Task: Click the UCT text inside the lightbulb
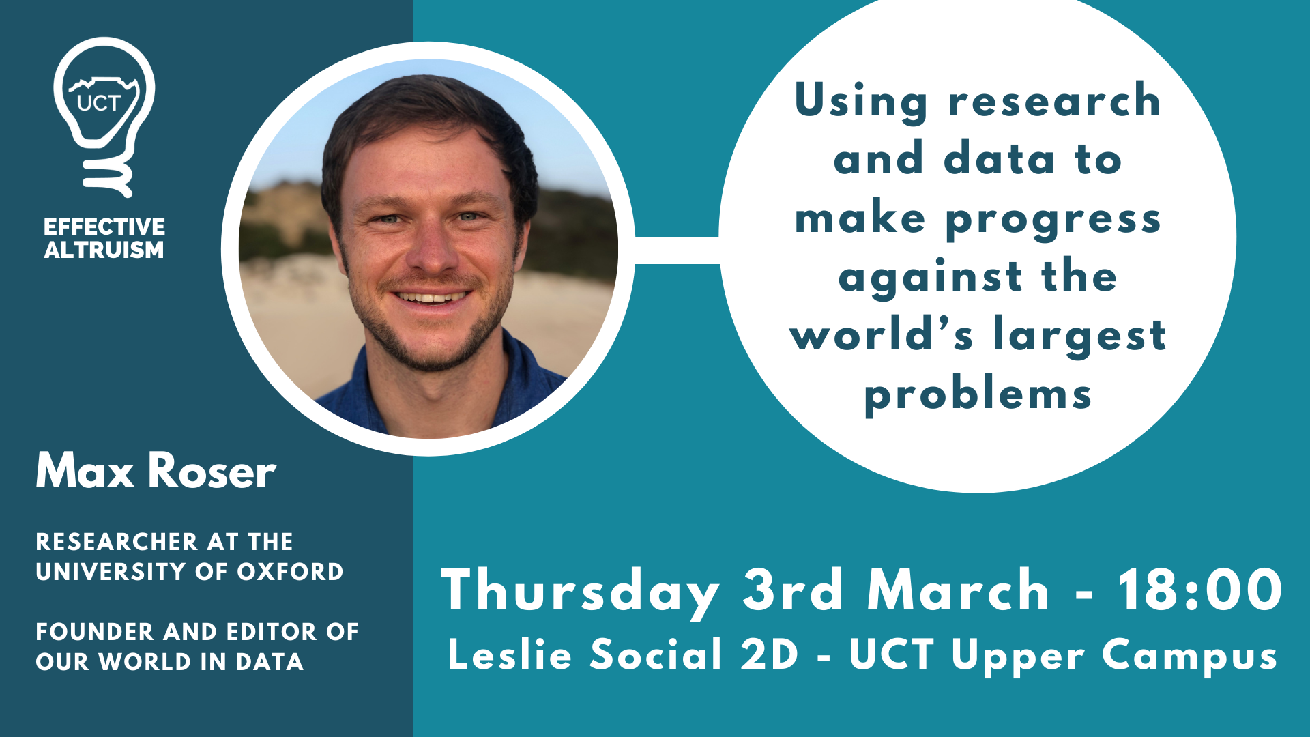coord(99,103)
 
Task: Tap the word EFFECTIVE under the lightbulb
coord(104,227)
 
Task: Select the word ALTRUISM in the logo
coord(104,250)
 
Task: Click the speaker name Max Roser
coord(156,471)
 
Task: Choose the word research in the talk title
coord(1055,101)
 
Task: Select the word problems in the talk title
coord(978,396)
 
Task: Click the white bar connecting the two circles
coord(677,250)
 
